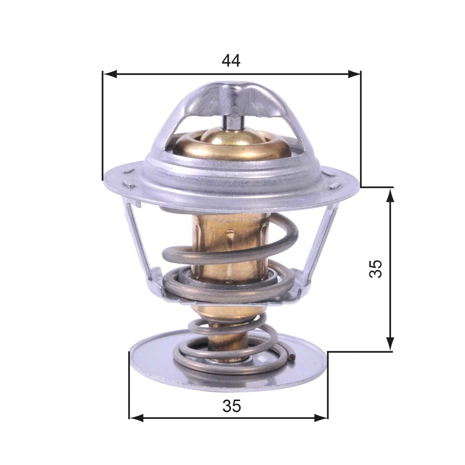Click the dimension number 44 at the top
pos(231,61)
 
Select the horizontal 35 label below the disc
pos(232,407)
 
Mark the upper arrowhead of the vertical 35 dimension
pos(390,195)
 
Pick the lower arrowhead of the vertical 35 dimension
pos(390,343)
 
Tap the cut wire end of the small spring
pos(293,357)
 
